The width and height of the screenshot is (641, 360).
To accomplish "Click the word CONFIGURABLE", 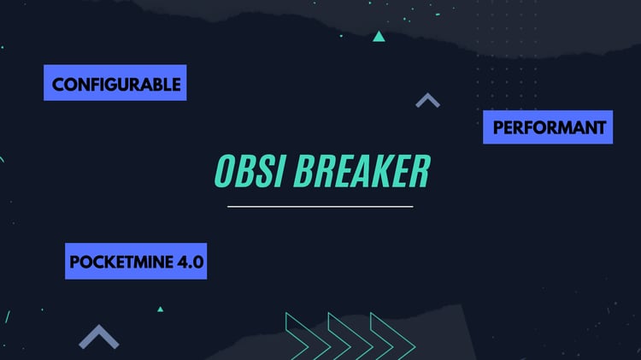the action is tap(116, 85).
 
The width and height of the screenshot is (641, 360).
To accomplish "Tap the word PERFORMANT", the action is tap(549, 127).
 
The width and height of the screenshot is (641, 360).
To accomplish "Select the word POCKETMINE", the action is tap(121, 262).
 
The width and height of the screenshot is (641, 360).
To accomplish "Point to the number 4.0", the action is tap(190, 262).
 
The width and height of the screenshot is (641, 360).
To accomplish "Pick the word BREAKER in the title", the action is tap(362, 171).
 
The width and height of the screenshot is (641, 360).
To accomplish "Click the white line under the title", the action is tap(320, 207).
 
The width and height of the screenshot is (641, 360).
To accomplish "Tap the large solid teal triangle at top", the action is tap(379, 37).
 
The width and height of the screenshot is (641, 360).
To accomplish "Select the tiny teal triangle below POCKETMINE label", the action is tap(161, 310).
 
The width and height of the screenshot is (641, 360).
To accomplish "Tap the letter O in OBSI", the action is tap(226, 171).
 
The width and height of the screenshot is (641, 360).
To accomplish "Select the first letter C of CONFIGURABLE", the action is tap(58, 85).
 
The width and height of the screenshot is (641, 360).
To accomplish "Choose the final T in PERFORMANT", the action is tap(600, 127).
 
